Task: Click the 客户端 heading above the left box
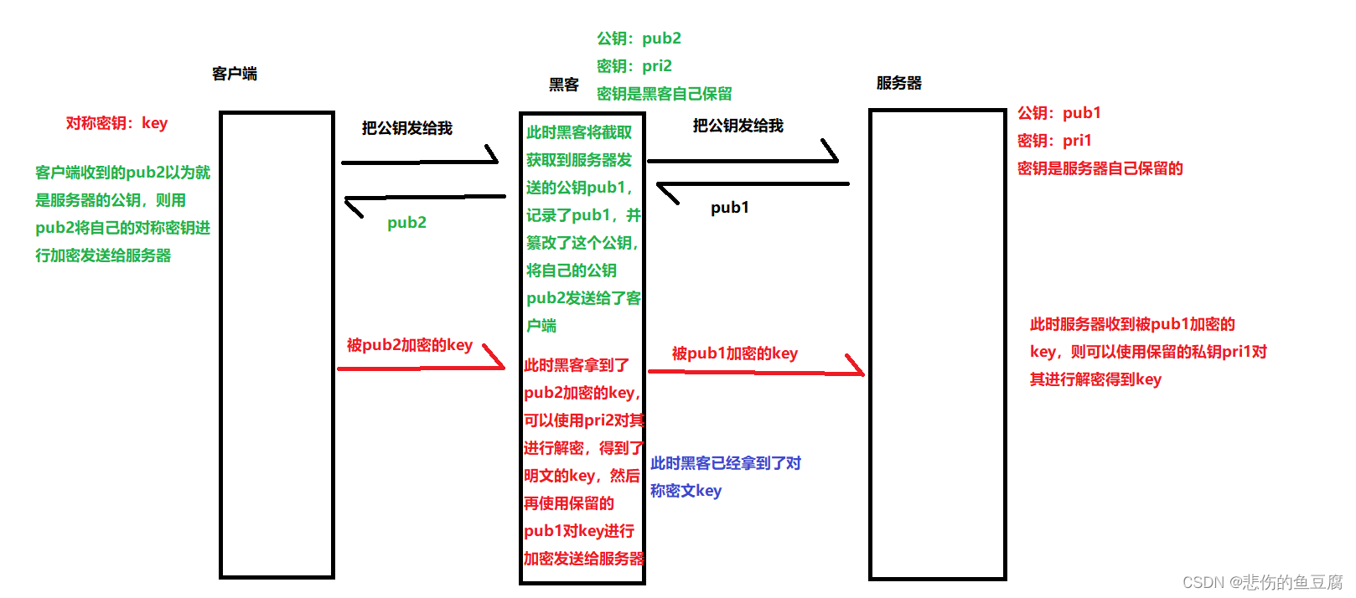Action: coord(235,74)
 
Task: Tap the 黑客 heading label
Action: coord(564,85)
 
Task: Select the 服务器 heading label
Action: coord(898,83)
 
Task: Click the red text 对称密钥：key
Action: coord(116,123)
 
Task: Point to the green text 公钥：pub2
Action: coord(639,39)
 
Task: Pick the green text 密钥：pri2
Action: coord(634,66)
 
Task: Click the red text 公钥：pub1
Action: coord(1058,113)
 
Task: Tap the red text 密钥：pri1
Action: coord(1053,141)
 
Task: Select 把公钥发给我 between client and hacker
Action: coord(406,128)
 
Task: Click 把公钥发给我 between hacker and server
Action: coord(738,126)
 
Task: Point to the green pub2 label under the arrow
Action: coord(406,223)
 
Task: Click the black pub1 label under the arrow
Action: coord(729,208)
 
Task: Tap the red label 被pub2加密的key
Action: coord(409,345)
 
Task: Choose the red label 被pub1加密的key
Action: coord(734,353)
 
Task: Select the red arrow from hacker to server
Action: coord(754,371)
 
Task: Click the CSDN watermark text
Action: coord(1261,582)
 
